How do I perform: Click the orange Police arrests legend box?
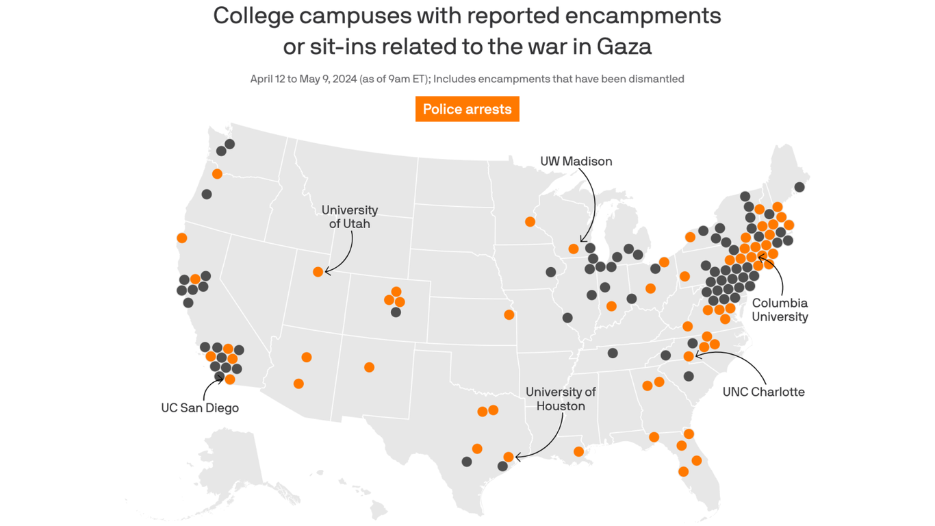467,109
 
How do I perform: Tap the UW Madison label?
576,161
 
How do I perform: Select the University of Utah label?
349,216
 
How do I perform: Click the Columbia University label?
780,310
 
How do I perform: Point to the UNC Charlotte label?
763,392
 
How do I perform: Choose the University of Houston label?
561,399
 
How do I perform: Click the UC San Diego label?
200,408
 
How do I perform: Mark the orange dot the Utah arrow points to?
318,272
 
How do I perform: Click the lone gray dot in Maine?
799,187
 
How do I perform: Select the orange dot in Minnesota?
530,222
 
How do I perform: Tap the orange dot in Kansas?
509,315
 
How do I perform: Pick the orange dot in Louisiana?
578,451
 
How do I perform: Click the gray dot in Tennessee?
613,353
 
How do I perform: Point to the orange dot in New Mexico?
369,367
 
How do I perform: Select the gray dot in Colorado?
396,312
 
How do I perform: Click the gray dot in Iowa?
550,272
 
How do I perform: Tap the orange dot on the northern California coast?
181,238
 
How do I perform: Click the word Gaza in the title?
624,46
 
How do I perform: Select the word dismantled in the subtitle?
653,79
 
